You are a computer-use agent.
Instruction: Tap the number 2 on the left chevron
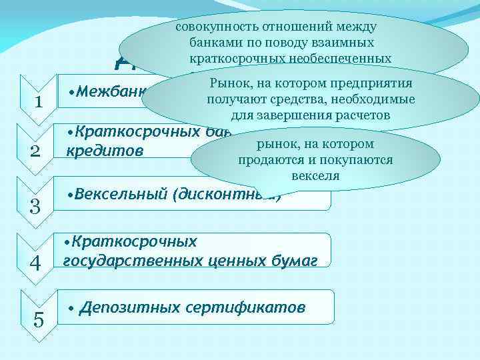coord(39,152)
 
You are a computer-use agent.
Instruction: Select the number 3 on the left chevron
coord(39,207)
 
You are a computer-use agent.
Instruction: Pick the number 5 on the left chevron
coord(39,320)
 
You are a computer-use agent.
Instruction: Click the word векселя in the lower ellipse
coord(315,177)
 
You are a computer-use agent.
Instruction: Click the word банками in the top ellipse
coord(201,43)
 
